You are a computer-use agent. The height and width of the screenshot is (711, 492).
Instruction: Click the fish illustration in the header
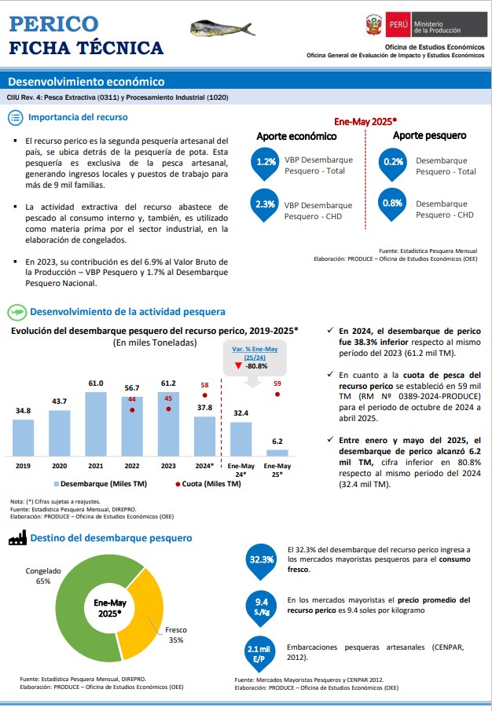point(222,28)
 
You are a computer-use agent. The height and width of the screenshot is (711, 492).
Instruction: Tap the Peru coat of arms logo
point(373,24)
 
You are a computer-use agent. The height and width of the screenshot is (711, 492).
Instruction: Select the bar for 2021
point(96,424)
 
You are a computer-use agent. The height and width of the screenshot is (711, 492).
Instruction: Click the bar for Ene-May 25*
point(277,453)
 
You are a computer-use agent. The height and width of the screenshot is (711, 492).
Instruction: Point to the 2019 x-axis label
point(23,466)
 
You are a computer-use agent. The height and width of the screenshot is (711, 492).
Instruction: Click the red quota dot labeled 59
point(277,394)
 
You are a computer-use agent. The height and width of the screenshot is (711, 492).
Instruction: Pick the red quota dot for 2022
point(132,409)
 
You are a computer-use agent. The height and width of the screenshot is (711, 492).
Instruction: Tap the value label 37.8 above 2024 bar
point(204,408)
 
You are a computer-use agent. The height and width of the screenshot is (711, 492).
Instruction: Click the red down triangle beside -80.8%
point(238,365)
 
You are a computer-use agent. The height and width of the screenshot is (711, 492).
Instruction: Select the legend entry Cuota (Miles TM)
point(208,484)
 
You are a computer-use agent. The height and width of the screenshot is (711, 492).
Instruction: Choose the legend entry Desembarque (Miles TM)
point(101,484)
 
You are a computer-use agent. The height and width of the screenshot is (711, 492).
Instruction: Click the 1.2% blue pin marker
point(266,163)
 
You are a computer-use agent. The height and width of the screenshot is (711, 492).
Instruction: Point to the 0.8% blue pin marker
point(392,204)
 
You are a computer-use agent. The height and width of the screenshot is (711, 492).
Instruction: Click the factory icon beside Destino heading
point(18,538)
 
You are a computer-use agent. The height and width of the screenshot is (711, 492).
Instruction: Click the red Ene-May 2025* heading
point(365,122)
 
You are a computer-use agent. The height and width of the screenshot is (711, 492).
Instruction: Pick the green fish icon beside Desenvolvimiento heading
point(17,313)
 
